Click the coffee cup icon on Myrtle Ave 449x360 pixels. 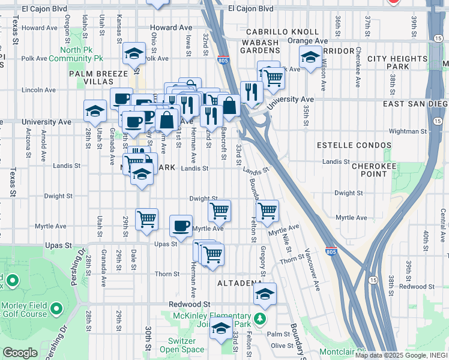pos(181,226)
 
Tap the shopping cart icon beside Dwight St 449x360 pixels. pos(220,211)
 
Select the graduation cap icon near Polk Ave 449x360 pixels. pos(135,54)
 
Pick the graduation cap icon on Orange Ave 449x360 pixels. pos(310,58)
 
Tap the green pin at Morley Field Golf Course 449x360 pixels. pos(56,309)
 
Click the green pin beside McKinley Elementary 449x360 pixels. pos(259,318)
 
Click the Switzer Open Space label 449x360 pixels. pos(182,345)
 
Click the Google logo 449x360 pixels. pos(20,353)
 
